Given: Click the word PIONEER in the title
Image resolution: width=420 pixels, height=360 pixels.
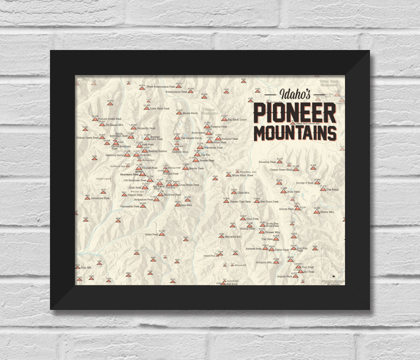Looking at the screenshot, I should pyautogui.click(x=295, y=113).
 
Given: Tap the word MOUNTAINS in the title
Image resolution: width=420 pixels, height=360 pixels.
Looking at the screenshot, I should pyautogui.click(x=295, y=132).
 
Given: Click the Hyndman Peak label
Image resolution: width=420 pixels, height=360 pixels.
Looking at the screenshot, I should pyautogui.click(x=129, y=174).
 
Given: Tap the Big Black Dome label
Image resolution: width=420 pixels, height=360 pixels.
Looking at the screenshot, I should pyautogui.click(x=237, y=119).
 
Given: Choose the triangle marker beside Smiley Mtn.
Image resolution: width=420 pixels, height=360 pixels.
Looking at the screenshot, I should pyautogui.click(x=317, y=212).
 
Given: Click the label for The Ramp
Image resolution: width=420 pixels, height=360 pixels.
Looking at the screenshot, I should pyautogui.click(x=333, y=189).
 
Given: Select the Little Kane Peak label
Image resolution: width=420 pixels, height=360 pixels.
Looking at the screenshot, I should pyautogui.click(x=160, y=109).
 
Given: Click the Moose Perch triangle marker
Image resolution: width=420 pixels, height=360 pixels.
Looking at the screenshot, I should pyautogui.click(x=179, y=113).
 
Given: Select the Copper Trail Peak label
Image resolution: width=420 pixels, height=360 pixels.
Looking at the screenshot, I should pyautogui.click(x=240, y=202).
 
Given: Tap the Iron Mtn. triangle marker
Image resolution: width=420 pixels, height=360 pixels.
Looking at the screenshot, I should pyautogui.click(x=178, y=204).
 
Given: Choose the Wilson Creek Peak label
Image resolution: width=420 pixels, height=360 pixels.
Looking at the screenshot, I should pyautogui.click(x=87, y=138).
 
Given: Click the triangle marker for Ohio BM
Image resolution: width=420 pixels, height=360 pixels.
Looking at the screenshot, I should pyautogui.click(x=78, y=267).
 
